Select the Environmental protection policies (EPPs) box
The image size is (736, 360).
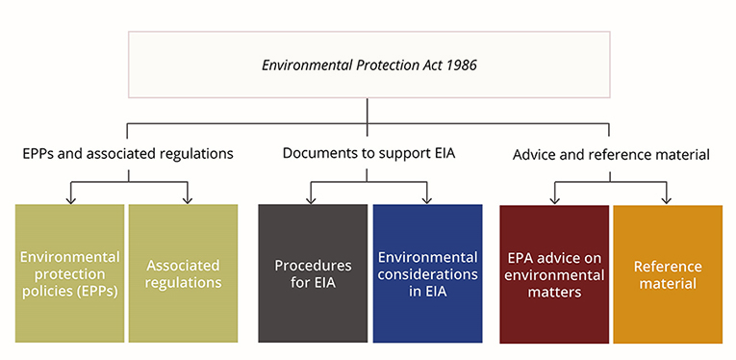pos(69,273)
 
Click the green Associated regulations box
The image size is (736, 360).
pos(183,273)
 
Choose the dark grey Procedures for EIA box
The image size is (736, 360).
pos(313,273)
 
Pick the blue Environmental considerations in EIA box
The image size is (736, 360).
pos(427,273)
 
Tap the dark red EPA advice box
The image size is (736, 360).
pos(554,273)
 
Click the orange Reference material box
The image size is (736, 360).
pos(668,273)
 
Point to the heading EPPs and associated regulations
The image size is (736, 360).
pos(128,153)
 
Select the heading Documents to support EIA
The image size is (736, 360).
pos(368,153)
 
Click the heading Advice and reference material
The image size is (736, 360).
pos(611,153)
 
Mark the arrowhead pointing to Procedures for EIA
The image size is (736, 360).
pos(312,199)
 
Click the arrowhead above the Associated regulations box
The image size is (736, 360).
pos(187,199)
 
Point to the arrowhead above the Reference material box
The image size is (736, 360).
pos(666,199)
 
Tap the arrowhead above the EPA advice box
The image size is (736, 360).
pos(555,199)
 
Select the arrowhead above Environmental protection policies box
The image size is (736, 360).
pos(69,199)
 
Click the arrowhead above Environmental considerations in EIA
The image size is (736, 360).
pos(427,199)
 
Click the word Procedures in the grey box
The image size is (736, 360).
pos(313,265)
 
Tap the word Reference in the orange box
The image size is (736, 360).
pos(668,266)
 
